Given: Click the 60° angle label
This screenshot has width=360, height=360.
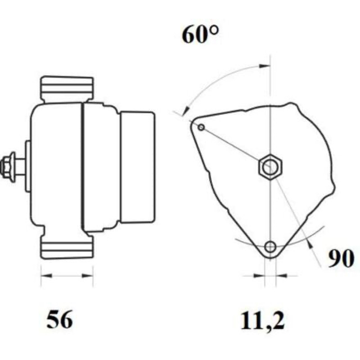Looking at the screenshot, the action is click(x=200, y=35).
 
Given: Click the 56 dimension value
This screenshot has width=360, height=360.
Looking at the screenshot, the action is click(x=60, y=319).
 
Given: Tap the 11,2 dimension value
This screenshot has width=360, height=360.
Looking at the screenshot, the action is click(x=263, y=321).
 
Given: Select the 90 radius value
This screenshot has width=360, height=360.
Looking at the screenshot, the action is click(x=341, y=258).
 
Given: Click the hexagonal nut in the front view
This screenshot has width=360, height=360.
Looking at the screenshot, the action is click(x=270, y=167).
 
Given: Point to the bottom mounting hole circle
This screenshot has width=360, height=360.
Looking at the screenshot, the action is click(x=270, y=247).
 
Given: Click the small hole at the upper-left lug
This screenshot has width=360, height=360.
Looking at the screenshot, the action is click(x=201, y=127).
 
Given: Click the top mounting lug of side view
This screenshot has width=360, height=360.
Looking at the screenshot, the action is click(x=67, y=89).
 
